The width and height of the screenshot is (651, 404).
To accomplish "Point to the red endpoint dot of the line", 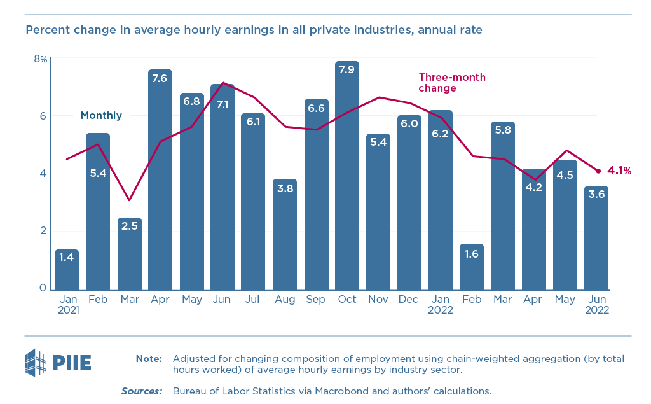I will coord(598,171).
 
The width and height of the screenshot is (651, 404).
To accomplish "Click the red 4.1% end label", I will coord(619,171).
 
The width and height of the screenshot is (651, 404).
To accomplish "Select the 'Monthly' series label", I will coord(101,115).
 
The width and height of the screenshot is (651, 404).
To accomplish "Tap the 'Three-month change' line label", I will coord(451,83).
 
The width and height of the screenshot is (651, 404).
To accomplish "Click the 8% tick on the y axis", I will coord(40,59).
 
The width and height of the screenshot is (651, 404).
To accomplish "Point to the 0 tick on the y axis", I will coord(43,288).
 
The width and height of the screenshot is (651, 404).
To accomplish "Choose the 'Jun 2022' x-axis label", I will coord(596,304).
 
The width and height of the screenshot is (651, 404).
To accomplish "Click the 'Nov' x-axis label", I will coord(378,298).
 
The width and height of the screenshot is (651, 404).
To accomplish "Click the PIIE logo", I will coord(57,363).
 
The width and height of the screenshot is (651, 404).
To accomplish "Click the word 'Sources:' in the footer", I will coord(142,391).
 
